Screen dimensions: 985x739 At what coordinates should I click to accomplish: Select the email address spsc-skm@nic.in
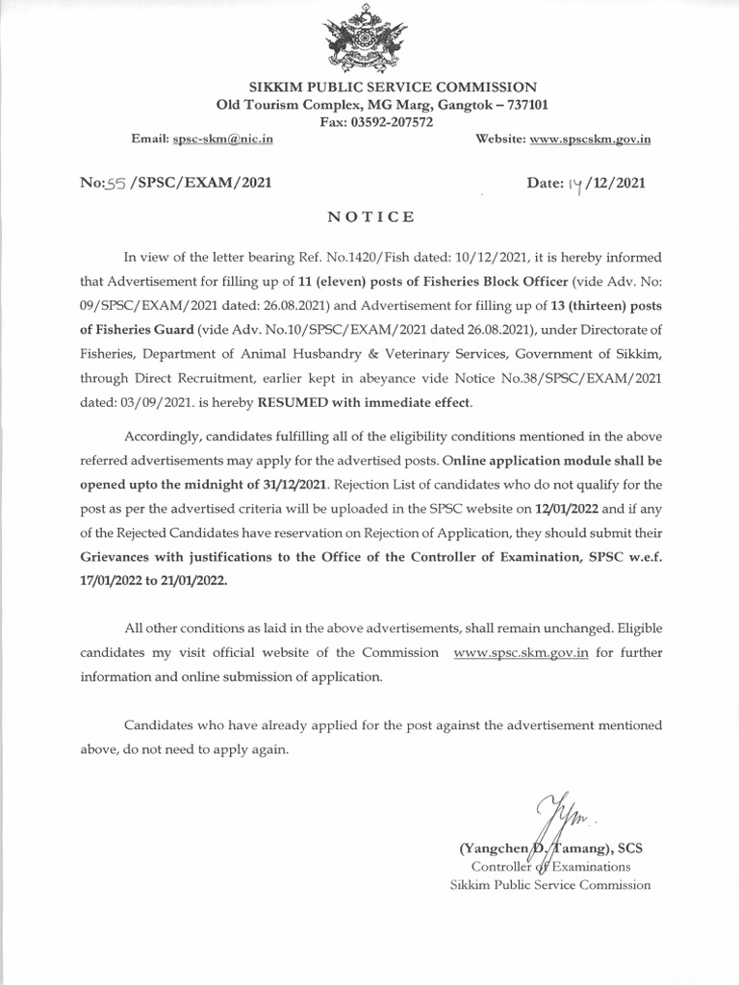click(x=223, y=139)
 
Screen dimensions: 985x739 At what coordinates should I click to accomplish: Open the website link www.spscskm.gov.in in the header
click(x=591, y=139)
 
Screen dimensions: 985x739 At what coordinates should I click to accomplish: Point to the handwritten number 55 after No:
click(x=116, y=183)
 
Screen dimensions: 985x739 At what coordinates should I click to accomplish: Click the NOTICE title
click(x=371, y=217)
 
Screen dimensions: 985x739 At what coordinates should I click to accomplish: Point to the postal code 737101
click(x=517, y=105)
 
